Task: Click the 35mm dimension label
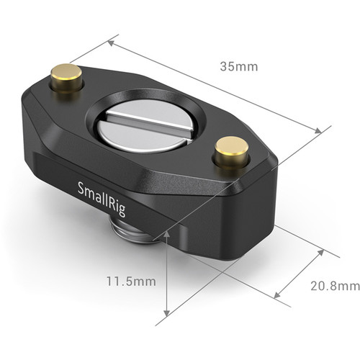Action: click(239, 67)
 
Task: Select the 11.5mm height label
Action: click(130, 282)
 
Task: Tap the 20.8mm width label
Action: click(334, 286)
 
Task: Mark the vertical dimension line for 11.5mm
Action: click(167, 277)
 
